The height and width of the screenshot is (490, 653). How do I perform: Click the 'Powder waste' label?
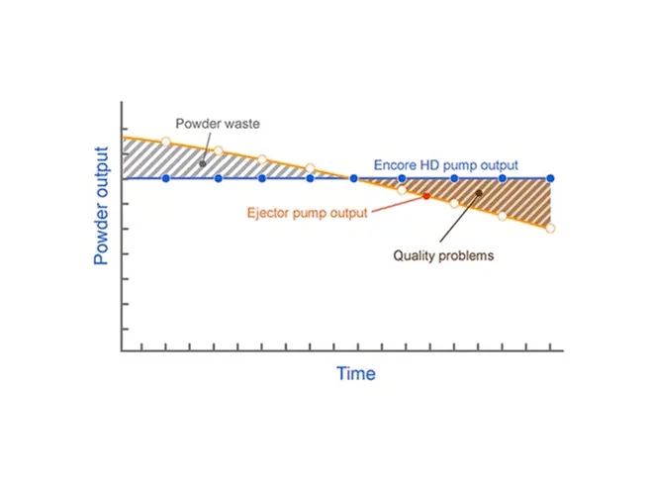tap(218, 124)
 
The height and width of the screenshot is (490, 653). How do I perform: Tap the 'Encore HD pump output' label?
tap(445, 165)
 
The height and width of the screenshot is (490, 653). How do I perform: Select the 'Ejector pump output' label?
tap(308, 213)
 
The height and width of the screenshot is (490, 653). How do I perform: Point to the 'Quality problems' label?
tap(443, 255)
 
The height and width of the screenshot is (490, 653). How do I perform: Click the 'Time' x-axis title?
tap(356, 373)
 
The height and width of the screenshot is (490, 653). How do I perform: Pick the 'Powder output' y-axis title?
tap(101, 206)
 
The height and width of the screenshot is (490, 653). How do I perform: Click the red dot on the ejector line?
tap(426, 196)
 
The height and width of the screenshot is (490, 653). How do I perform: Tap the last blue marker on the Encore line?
tap(550, 178)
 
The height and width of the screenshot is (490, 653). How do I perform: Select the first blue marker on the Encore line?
tap(166, 178)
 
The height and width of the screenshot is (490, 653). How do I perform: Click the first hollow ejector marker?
tap(166, 142)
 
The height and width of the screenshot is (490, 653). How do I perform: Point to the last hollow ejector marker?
tap(550, 229)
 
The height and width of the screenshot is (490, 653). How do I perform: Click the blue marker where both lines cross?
tap(353, 178)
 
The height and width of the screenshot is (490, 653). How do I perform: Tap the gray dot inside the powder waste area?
tap(203, 163)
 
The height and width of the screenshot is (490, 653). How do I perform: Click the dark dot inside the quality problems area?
tap(479, 193)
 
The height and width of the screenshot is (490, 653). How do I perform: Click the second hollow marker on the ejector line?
tap(219, 150)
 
